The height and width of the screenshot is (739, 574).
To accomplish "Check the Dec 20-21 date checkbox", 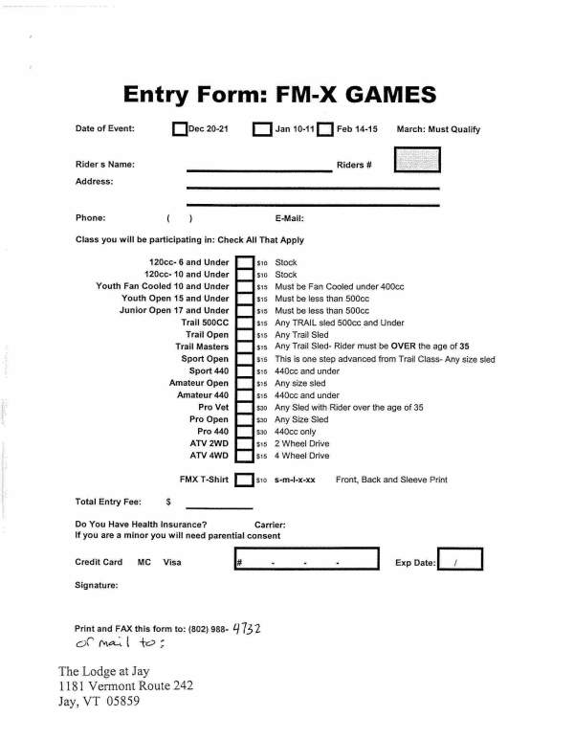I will [x=179, y=129].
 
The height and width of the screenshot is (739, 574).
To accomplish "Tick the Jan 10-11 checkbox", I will [x=261, y=129].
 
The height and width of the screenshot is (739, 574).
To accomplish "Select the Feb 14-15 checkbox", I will [x=324, y=129].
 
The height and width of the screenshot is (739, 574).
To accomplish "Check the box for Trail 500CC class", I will [x=244, y=324].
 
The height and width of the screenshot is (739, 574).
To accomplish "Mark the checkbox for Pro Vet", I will [x=244, y=407].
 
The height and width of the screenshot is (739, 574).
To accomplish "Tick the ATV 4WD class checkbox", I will [x=244, y=456].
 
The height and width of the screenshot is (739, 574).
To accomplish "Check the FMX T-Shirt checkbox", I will [x=244, y=479].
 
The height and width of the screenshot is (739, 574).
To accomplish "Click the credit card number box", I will [x=306, y=562].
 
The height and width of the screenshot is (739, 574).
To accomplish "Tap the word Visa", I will [x=172, y=563].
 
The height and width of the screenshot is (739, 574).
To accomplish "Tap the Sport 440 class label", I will [x=210, y=370].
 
